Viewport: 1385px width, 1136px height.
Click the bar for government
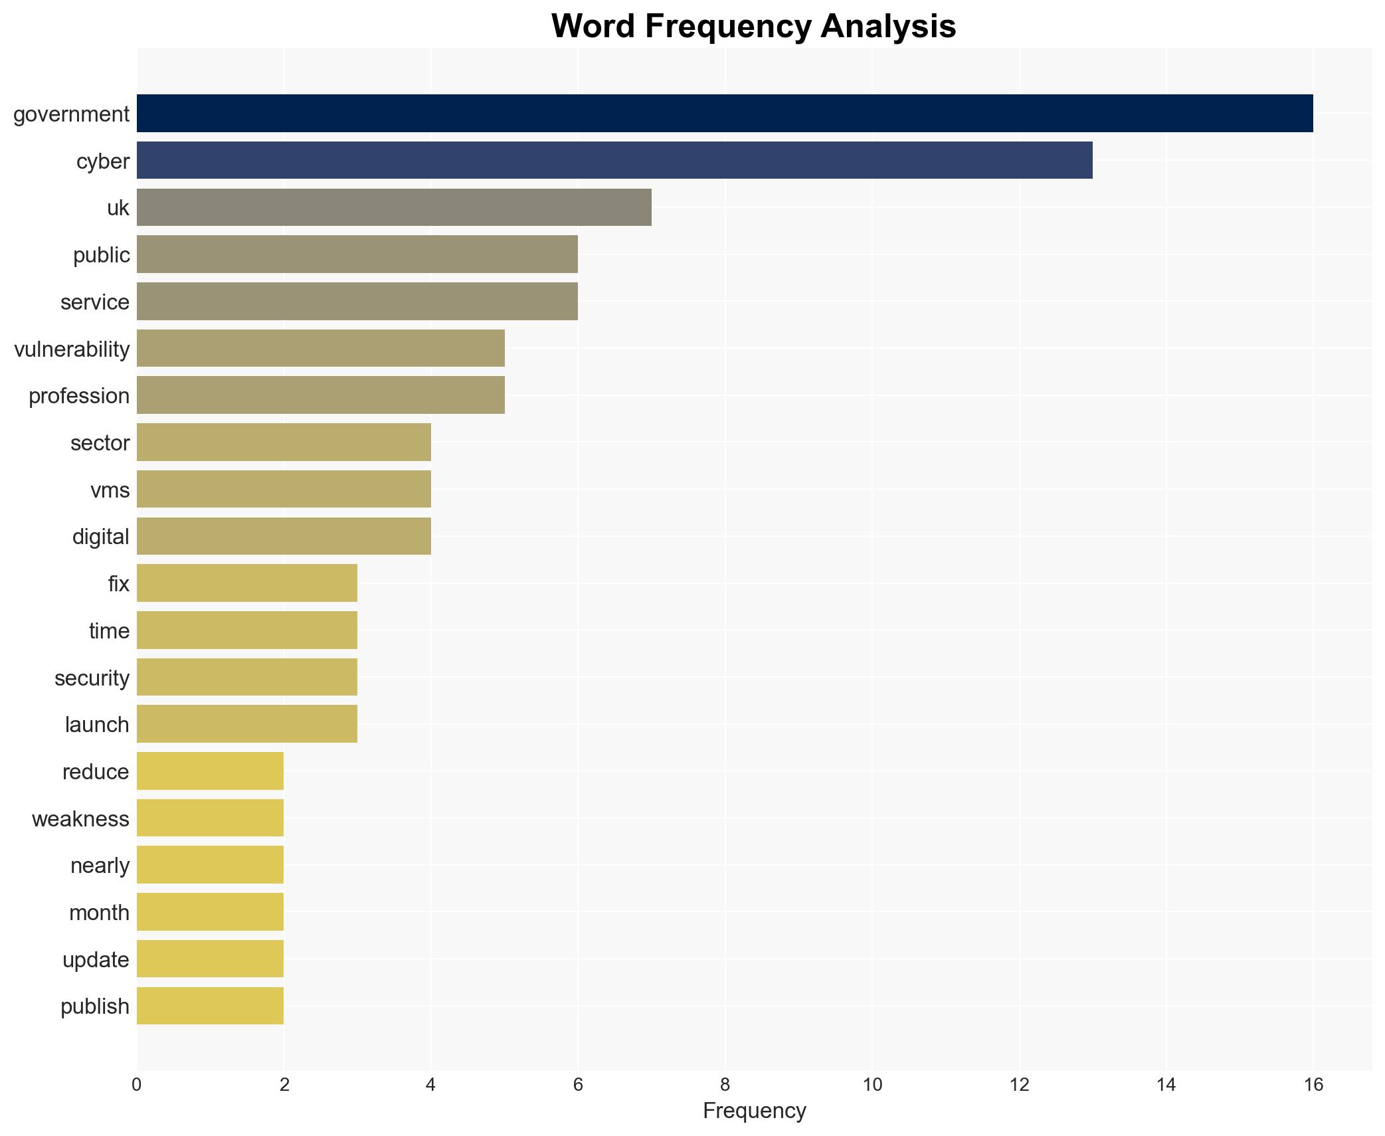(724, 113)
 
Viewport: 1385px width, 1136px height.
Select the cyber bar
(614, 160)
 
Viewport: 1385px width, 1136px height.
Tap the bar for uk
(394, 207)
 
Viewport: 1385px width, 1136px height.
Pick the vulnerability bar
(320, 348)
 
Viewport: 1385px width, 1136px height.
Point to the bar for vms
(284, 489)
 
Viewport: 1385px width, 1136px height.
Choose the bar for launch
(246, 723)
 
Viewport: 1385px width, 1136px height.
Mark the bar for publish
(210, 1005)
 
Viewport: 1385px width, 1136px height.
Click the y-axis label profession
(79, 396)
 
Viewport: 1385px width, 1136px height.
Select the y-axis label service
(95, 302)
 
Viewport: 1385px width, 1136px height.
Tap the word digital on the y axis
(101, 537)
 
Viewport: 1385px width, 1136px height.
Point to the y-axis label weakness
(80, 818)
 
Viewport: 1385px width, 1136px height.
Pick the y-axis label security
(92, 678)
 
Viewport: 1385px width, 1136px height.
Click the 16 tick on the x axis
(1313, 1085)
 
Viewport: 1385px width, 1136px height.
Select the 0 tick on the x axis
(137, 1085)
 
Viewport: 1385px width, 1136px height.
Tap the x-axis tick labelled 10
(872, 1085)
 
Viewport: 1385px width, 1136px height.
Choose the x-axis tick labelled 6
(578, 1085)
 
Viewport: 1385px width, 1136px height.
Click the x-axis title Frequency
(754, 1111)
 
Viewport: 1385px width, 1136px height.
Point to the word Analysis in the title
(887, 27)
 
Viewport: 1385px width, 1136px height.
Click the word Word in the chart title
(593, 27)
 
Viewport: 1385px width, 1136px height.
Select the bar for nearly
(210, 864)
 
